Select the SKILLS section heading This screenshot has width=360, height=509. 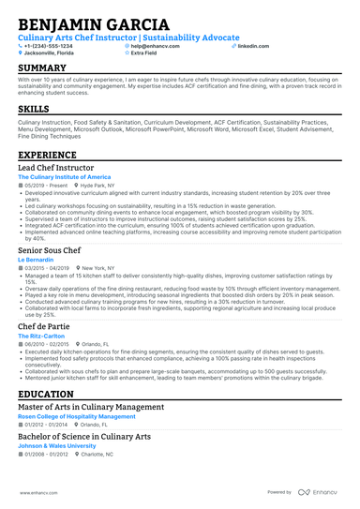[x=34, y=109]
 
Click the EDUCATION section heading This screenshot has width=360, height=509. [x=46, y=394]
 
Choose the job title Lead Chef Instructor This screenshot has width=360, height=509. [x=56, y=168]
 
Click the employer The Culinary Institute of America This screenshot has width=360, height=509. [x=64, y=177]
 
